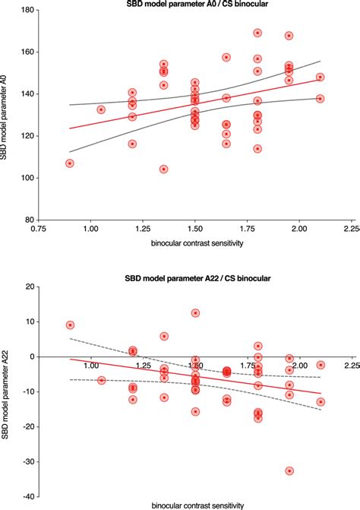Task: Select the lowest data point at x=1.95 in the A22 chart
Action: (x=289, y=471)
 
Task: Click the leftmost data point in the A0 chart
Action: (x=70, y=163)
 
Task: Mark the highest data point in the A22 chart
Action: (x=195, y=313)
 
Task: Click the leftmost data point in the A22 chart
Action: (x=70, y=325)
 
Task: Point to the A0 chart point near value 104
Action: (x=163, y=169)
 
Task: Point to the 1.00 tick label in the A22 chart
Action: (x=90, y=366)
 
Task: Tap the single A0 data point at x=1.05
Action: (x=101, y=109)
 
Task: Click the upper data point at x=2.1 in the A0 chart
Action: (x=320, y=77)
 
